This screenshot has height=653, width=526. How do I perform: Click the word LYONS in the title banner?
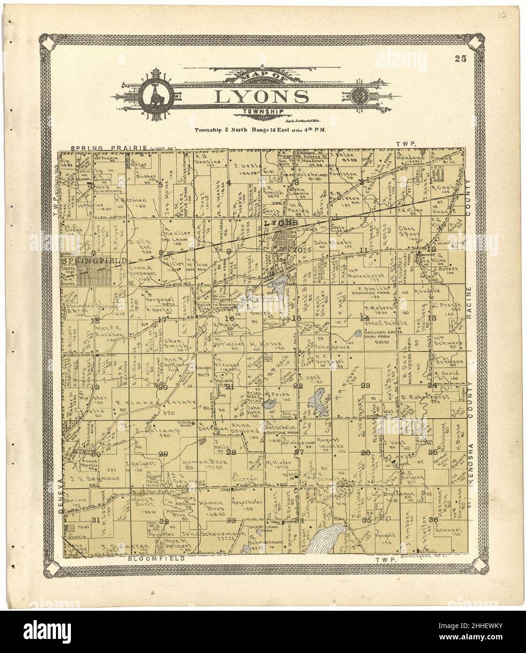[262, 96]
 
